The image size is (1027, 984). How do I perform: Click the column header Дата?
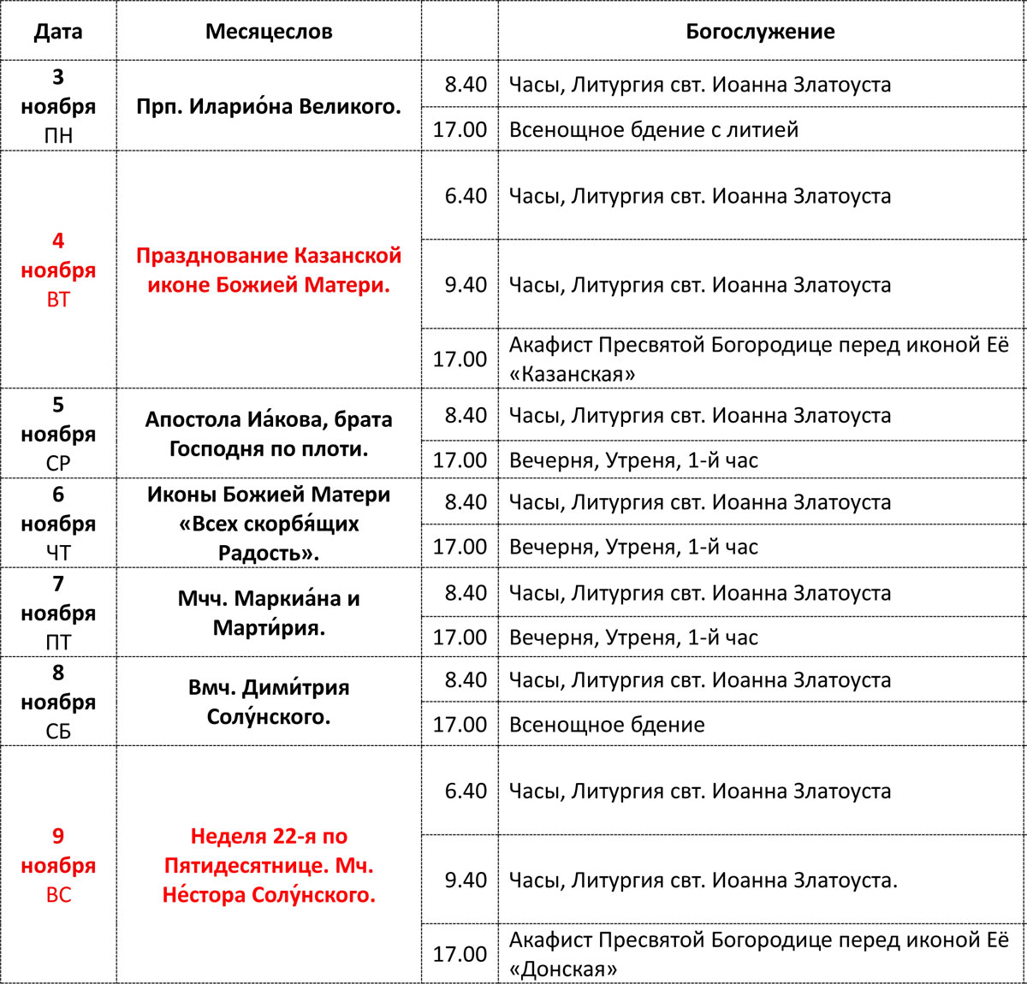58,33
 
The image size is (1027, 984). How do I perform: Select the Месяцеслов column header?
269,33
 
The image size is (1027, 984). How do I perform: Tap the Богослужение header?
760,33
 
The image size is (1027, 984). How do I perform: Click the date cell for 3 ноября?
58,106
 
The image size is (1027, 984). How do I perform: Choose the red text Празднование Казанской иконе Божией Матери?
269,270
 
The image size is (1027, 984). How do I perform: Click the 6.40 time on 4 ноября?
466,196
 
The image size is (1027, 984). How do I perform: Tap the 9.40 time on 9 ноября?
466,880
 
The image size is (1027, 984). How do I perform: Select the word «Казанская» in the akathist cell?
573,374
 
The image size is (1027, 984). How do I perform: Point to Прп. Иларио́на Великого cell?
269,107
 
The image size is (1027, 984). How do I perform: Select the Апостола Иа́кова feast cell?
269,434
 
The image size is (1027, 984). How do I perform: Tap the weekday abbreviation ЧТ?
58,553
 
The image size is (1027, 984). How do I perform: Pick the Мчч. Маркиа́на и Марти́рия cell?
269,613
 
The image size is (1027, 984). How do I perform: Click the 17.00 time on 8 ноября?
460,725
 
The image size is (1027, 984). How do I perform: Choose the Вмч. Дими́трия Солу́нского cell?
269,702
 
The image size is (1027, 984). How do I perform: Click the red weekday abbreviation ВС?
58,895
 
